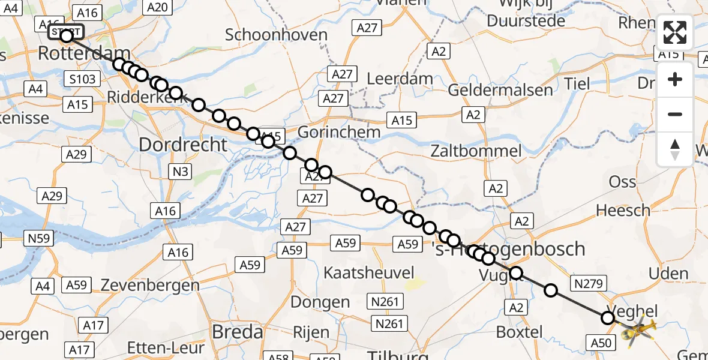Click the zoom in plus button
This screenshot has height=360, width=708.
(x=675, y=79)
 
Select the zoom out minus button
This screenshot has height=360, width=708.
(x=675, y=114)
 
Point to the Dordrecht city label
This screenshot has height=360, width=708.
(x=183, y=145)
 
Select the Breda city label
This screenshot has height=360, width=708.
(x=236, y=332)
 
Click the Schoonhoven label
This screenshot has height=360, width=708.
(x=276, y=34)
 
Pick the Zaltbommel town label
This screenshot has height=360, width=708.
(x=475, y=151)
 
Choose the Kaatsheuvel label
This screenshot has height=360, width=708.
(x=368, y=272)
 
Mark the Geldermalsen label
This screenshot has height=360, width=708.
(x=500, y=90)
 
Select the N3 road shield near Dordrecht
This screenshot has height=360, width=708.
(x=181, y=172)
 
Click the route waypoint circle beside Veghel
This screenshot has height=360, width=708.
(x=608, y=317)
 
